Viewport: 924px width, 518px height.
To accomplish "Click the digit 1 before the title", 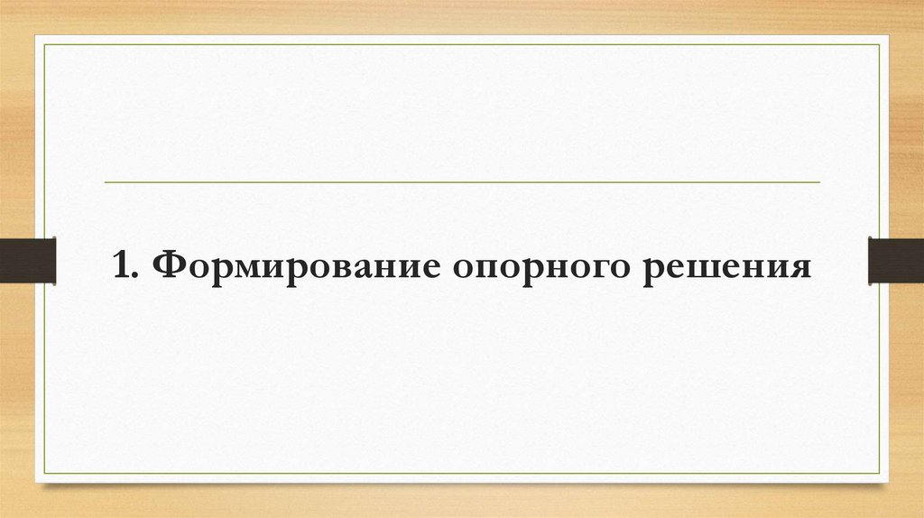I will tap(121, 266).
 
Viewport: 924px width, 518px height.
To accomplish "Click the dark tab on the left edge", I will tap(28, 259).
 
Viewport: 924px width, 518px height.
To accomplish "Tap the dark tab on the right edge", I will tap(895, 259).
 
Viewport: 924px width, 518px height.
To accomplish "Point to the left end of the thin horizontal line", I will tap(106, 182).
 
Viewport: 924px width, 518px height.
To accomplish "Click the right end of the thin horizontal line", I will tap(819, 182).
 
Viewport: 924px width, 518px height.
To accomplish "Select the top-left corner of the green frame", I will tap(45, 43).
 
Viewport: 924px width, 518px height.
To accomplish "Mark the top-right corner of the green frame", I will tap(879, 43).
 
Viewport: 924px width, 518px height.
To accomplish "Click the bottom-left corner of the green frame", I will tap(45, 475).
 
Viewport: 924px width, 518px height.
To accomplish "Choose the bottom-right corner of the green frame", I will tap(879, 475).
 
